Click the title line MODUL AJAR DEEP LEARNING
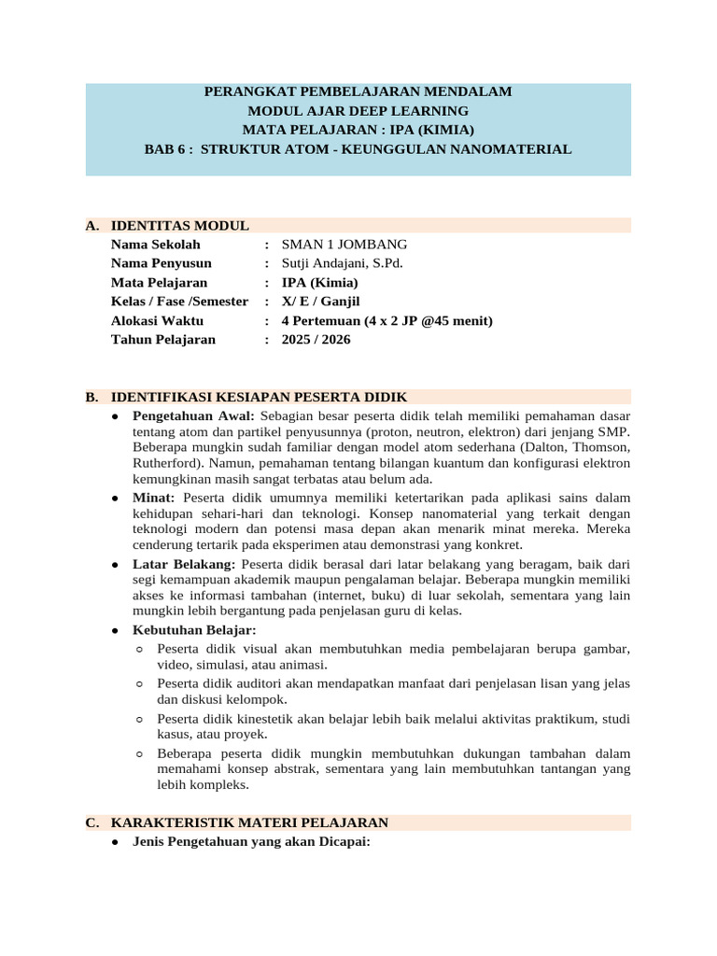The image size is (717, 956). [358, 111]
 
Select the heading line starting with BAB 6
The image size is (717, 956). [358, 149]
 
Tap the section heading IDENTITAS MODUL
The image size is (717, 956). [179, 226]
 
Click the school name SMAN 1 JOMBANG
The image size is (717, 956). [344, 245]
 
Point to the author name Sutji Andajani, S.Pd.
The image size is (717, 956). [342, 263]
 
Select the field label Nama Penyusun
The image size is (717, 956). [161, 263]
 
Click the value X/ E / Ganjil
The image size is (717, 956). [320, 302]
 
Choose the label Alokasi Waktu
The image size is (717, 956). [157, 320]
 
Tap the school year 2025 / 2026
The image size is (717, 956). [316, 339]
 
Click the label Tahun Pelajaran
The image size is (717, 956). [162, 339]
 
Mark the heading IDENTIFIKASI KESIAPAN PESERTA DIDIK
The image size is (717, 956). [259, 397]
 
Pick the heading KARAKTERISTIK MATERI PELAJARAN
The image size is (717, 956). [249, 822]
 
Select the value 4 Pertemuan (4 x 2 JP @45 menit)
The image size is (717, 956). [387, 320]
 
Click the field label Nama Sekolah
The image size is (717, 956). [155, 245]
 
